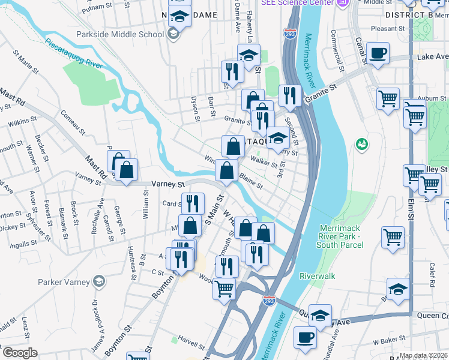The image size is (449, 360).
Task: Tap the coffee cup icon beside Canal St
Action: click(x=378, y=53)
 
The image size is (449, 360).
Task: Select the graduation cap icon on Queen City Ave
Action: click(x=321, y=316)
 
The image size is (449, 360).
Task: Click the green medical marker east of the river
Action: click(x=362, y=144)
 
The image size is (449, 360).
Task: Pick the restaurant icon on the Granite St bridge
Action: click(x=290, y=95)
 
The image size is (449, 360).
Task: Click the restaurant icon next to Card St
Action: click(x=192, y=203)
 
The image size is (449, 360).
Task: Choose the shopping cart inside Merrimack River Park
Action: click(x=393, y=236)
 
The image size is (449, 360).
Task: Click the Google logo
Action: click(x=19, y=353)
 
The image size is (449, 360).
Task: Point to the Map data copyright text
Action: click(x=423, y=355)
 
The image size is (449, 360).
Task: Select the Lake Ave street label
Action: click(x=433, y=56)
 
